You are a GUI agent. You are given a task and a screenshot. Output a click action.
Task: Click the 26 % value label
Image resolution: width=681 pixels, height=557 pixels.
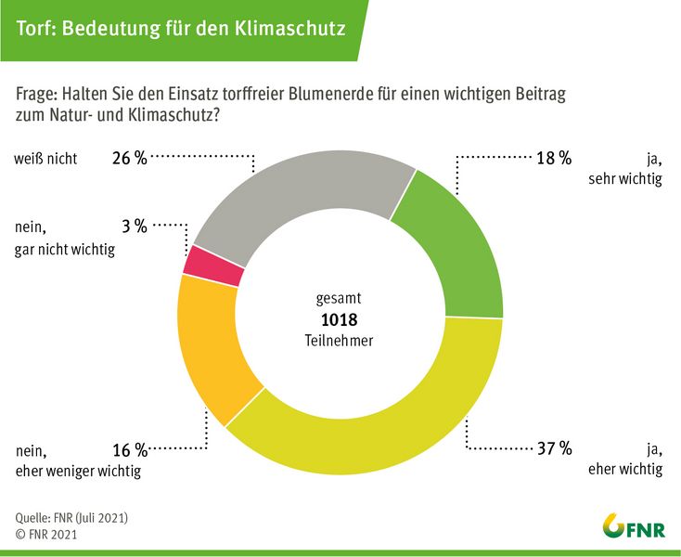click(x=128, y=158)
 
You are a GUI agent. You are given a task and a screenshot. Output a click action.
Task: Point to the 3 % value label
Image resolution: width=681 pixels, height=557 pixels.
click(x=135, y=226)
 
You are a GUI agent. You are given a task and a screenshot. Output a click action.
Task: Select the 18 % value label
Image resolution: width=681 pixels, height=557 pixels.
click(x=553, y=158)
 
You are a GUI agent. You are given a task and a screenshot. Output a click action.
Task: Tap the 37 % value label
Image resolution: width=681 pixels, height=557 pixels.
click(x=553, y=449)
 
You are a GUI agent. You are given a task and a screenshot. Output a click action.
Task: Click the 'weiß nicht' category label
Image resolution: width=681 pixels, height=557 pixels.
click(x=45, y=158)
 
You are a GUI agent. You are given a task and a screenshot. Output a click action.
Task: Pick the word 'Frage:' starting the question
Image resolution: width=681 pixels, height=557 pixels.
click(x=37, y=97)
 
